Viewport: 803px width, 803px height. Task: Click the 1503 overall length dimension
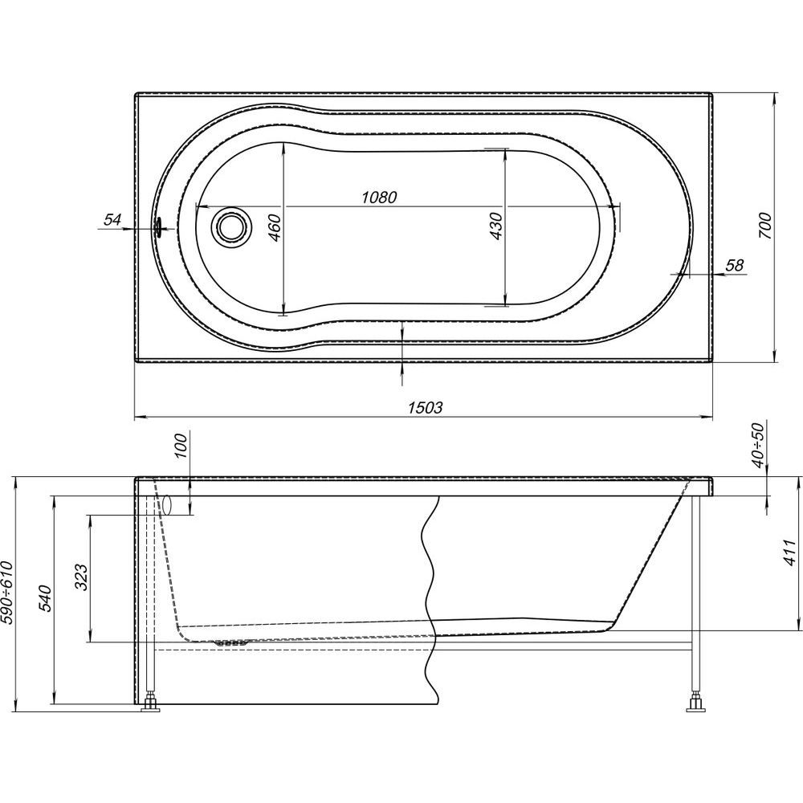pyautogui.click(x=425, y=407)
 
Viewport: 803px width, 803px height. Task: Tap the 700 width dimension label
pyautogui.click(x=764, y=226)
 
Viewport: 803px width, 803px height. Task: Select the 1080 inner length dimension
pyautogui.click(x=379, y=198)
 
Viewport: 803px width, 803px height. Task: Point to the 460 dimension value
pyautogui.click(x=274, y=228)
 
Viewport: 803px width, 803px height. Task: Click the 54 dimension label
pyautogui.click(x=112, y=220)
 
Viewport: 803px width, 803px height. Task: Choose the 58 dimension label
pyautogui.click(x=735, y=265)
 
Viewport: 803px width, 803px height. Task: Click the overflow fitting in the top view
pyautogui.click(x=159, y=226)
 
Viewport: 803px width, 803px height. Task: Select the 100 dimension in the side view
pyautogui.click(x=182, y=445)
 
